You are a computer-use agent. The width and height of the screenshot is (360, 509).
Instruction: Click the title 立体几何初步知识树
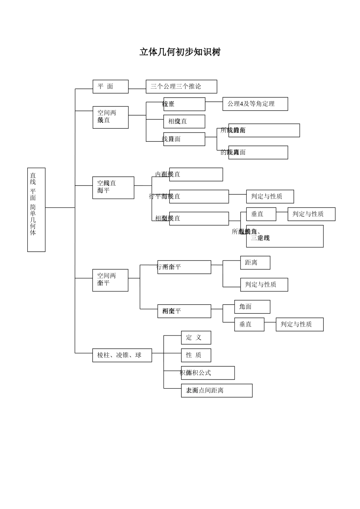click(x=180, y=52)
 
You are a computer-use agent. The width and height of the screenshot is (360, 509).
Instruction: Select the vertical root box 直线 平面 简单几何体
click(x=36, y=209)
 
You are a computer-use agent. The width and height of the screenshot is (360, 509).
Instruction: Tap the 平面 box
click(x=110, y=86)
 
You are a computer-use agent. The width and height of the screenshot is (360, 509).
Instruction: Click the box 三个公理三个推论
click(x=181, y=86)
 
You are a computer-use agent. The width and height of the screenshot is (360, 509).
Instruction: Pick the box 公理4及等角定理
click(x=255, y=104)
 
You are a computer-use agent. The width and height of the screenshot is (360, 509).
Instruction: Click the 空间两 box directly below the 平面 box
click(x=110, y=117)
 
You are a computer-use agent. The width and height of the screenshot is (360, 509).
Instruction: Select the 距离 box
click(x=255, y=262)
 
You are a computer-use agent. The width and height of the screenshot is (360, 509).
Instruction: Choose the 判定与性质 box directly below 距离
click(x=264, y=284)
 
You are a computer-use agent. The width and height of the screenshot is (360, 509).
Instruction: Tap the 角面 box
click(x=252, y=307)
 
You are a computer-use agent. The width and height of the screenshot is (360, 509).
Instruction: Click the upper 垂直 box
click(x=261, y=214)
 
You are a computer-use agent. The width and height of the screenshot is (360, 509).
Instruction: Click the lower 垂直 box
click(x=249, y=324)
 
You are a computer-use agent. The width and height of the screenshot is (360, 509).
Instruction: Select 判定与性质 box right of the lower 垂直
click(x=299, y=324)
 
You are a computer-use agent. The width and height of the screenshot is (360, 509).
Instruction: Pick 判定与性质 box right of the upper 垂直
click(x=311, y=214)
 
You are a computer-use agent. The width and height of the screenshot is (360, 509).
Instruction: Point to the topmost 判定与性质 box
click(x=270, y=196)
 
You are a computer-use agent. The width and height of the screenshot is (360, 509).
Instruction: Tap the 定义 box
click(x=196, y=337)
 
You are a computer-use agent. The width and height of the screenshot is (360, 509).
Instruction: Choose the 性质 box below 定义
click(x=196, y=355)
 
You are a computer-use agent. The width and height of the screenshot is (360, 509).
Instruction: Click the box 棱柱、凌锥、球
click(x=122, y=355)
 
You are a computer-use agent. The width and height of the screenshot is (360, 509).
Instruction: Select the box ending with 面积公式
click(x=208, y=373)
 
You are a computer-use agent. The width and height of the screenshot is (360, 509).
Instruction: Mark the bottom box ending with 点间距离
click(x=216, y=390)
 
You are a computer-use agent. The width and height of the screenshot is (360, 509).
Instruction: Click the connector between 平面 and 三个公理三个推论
click(x=137, y=89)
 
